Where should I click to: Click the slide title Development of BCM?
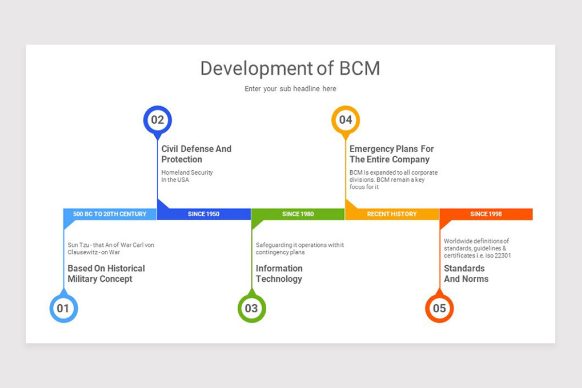coord(290,68)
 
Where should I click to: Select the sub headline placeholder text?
coord(290,89)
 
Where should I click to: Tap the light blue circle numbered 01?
coord(64,308)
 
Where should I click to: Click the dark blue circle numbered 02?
coord(157,120)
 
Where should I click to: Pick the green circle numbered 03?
coord(251,308)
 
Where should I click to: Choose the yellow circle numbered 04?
coord(345,120)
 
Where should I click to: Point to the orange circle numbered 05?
coord(439,308)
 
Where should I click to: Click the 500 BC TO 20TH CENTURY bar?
coord(110,214)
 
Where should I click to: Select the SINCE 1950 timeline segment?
coord(204,214)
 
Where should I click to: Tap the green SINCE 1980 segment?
coord(298,214)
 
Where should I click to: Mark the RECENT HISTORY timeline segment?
coord(392,214)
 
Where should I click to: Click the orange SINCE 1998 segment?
coord(486,214)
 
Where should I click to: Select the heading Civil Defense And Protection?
coord(196,154)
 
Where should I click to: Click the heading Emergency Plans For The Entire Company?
coord(391,154)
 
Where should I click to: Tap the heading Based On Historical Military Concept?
coord(106,274)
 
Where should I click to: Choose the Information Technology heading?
coord(279,274)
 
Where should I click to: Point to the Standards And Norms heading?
coord(466,274)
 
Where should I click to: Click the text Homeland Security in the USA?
coord(187,176)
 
